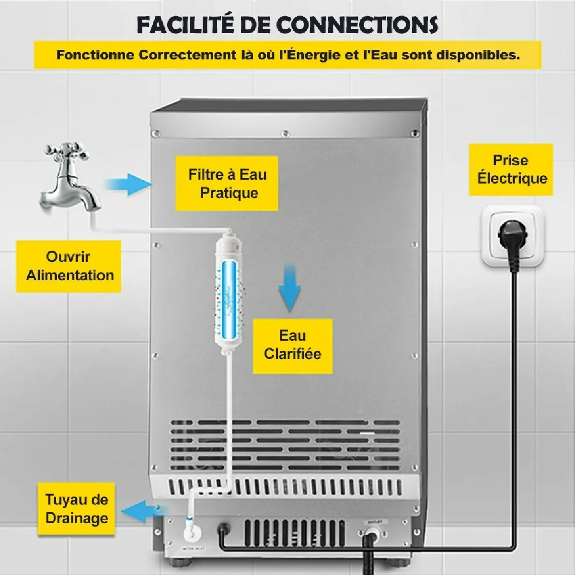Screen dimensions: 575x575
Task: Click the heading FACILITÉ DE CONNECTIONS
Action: [287, 24]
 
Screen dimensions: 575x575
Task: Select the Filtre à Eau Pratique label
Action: [227, 184]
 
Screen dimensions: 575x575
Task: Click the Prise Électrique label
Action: [511, 169]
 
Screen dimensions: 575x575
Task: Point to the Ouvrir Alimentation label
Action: [69, 266]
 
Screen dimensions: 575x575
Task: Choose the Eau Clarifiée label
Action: [292, 345]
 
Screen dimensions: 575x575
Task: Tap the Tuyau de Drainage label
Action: [77, 509]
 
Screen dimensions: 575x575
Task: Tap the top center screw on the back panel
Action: [285, 133]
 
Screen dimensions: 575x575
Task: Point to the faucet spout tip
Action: [93, 207]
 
